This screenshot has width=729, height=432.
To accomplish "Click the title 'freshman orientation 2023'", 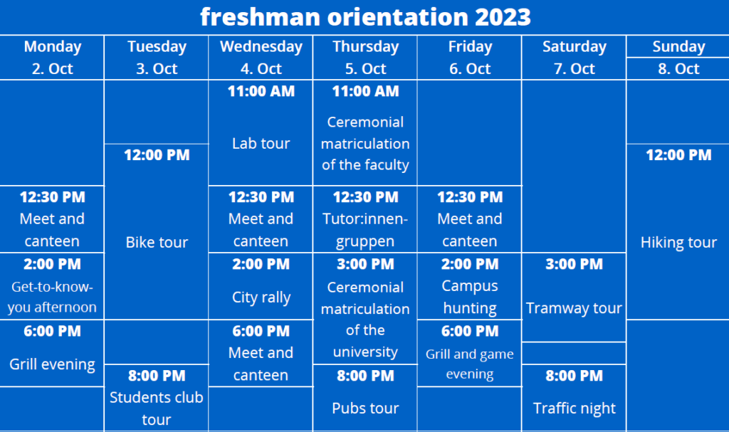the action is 365,17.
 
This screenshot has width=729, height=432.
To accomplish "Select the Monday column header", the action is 53,46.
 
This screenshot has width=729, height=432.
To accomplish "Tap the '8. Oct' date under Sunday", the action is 678,69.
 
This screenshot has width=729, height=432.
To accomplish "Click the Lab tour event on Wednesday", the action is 261,143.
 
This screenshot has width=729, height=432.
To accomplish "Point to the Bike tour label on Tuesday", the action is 157,242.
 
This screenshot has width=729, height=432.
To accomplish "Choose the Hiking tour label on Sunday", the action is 678,242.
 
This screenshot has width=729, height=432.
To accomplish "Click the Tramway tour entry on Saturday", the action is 575,308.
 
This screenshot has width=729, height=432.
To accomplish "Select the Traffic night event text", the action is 575,409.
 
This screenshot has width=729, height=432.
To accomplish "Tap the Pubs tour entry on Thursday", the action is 365,409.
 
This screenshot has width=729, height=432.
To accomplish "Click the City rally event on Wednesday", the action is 261,297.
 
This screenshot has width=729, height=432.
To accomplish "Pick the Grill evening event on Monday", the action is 52,364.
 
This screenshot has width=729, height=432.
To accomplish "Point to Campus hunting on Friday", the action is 470,297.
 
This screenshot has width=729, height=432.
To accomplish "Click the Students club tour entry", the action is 157,409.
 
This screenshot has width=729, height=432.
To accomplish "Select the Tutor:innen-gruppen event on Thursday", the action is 365,230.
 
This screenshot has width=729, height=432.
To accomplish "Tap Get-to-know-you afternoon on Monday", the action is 52,297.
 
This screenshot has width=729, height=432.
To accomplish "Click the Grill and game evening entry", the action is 470,364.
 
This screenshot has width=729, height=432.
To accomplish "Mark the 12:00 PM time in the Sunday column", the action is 678,155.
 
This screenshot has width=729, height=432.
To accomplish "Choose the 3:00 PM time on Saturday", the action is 575,264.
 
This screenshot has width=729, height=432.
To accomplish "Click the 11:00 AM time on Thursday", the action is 365,91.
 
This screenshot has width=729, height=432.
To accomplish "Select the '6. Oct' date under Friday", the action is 470,69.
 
